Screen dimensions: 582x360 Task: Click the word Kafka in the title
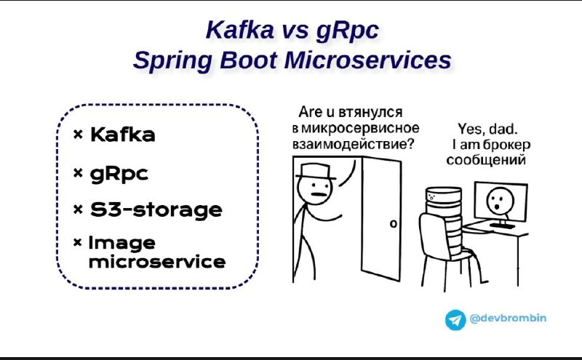pyautogui.click(x=240, y=30)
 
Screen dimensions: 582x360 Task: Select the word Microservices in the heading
pyautogui.click(x=368, y=60)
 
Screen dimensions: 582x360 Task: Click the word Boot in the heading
pyautogui.click(x=248, y=60)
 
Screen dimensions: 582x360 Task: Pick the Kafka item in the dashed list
pyautogui.click(x=123, y=135)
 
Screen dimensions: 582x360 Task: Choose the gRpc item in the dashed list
pyautogui.click(x=119, y=174)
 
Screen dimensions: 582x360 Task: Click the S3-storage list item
pyautogui.click(x=156, y=210)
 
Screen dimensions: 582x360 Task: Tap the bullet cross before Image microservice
pyautogui.click(x=77, y=243)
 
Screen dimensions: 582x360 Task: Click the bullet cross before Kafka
pyautogui.click(x=78, y=135)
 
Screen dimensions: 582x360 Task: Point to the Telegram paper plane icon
pyautogui.click(x=455, y=320)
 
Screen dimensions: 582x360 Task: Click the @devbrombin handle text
pyautogui.click(x=508, y=319)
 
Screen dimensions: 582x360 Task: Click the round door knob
pyautogui.click(x=394, y=224)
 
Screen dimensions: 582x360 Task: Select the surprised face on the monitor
pyautogui.click(x=501, y=201)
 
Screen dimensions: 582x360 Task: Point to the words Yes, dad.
pyautogui.click(x=487, y=129)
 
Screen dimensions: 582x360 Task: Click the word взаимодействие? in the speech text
pyautogui.click(x=353, y=144)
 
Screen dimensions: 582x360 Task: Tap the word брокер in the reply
pyautogui.click(x=507, y=145)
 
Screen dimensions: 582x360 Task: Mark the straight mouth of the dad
pyautogui.click(x=319, y=194)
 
